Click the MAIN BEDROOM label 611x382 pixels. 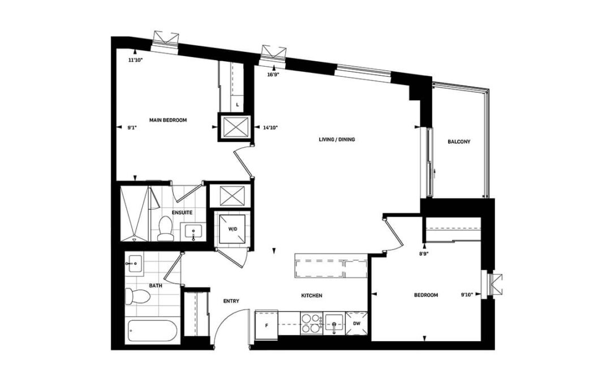(x=168, y=120)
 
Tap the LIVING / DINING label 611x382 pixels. (x=337, y=139)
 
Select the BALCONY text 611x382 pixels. (x=459, y=141)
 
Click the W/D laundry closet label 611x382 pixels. (x=233, y=229)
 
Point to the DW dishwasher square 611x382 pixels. (x=356, y=323)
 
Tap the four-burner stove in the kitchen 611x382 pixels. (x=311, y=324)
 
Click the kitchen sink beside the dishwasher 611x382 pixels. (x=334, y=324)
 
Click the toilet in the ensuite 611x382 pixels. (x=165, y=228)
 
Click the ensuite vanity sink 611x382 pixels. (x=193, y=232)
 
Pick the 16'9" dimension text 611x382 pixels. (x=274, y=75)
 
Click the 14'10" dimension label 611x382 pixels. (x=270, y=127)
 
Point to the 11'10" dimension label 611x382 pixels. (x=136, y=61)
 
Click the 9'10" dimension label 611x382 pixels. (x=467, y=295)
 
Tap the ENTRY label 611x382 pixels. (x=231, y=301)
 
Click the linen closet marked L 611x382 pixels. (x=237, y=105)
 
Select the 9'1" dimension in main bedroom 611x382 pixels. (x=133, y=127)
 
